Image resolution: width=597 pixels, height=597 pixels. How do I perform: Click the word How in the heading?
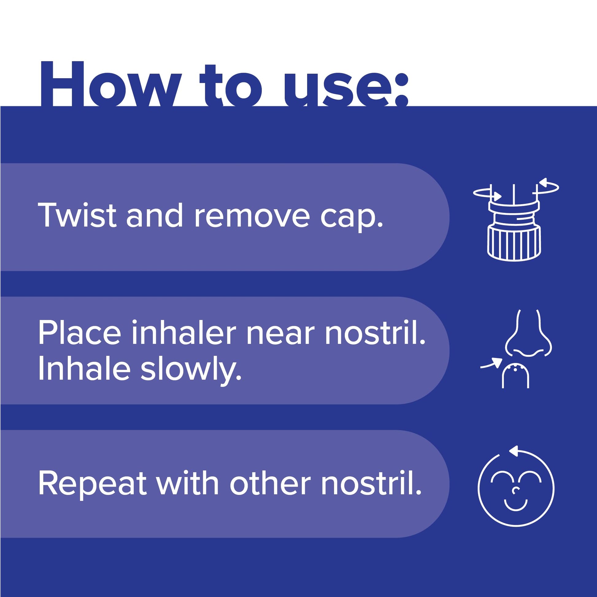point(110,84)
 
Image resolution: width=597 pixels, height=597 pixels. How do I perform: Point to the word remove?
point(252,218)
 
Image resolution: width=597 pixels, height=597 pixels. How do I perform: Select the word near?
point(281,335)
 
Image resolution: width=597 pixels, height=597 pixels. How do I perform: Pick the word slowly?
point(191,371)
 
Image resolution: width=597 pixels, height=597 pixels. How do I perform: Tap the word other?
point(270,483)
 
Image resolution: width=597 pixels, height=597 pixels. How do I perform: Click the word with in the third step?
point(188,483)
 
